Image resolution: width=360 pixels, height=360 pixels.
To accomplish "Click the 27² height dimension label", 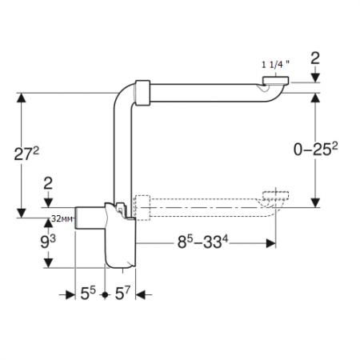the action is pos(26,154).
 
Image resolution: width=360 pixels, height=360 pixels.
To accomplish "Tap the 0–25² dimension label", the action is pos(315,149).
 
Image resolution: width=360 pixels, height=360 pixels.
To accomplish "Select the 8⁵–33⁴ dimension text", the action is pos(203,242).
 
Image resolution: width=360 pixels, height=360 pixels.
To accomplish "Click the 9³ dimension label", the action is pos(48,242).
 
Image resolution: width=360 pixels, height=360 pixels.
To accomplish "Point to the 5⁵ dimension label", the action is pos(88,294).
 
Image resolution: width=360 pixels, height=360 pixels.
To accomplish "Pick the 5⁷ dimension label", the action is pos(122,294).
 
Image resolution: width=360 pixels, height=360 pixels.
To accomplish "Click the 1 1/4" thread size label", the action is pos(275,64).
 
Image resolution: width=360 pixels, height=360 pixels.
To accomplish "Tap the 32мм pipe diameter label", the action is pos(62,218).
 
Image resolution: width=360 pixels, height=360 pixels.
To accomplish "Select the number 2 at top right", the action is pos(315,58).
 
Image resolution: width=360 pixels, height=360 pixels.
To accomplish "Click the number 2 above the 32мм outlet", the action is pos(48,183).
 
